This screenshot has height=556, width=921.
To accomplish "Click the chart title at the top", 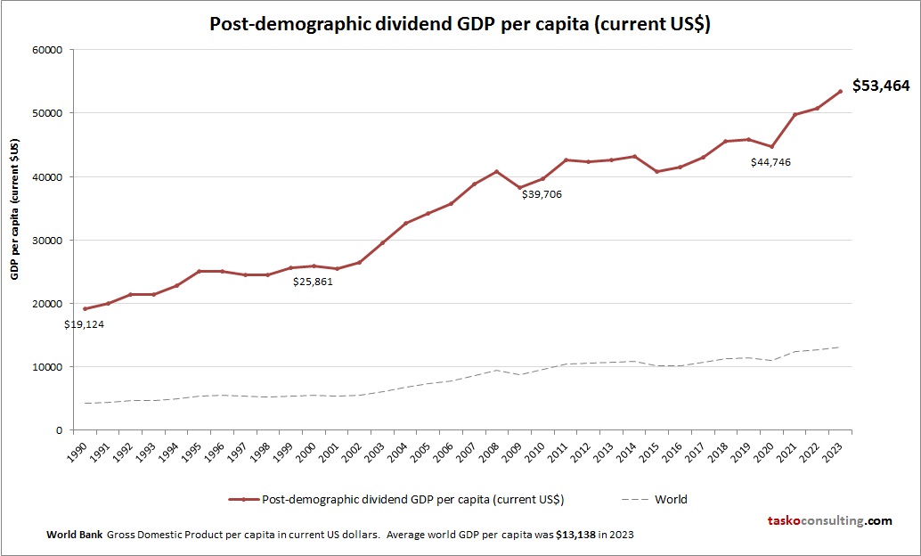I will (x=460, y=24).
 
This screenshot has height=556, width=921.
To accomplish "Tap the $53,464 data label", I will (x=881, y=86).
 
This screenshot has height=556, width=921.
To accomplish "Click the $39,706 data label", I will (x=542, y=193).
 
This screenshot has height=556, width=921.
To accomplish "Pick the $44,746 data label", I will (x=770, y=162).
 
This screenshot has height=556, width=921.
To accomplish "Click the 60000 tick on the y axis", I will (x=45, y=50).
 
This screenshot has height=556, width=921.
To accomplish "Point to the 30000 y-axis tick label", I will (x=45, y=241).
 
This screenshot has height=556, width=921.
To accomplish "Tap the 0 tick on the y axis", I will (x=57, y=430).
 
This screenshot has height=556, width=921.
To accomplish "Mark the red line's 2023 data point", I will (x=840, y=91).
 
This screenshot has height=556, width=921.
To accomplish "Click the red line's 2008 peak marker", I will (x=497, y=171).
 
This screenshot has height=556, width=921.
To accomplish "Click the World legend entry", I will (x=671, y=499).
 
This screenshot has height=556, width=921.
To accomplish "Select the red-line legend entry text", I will (x=412, y=499).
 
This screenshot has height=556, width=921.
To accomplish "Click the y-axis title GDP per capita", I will (x=15, y=209).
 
